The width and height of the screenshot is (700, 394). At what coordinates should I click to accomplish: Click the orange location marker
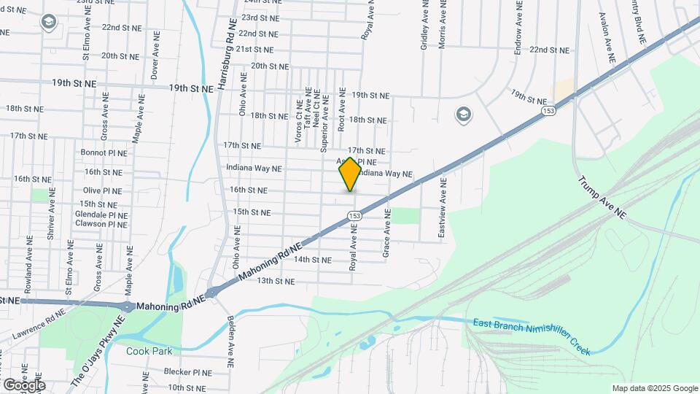(x=350, y=174)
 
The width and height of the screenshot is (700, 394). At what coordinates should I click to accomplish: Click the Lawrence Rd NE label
(x=39, y=325)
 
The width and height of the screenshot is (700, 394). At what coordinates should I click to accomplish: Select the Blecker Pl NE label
(x=187, y=372)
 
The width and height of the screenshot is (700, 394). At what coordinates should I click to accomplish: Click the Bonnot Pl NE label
(x=104, y=153)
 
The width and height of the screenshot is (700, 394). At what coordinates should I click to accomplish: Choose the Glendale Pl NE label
(x=101, y=215)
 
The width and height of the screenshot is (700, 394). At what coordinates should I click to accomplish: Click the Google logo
(x=24, y=385)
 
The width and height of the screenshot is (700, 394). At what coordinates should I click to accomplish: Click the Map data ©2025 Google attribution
(x=655, y=388)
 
